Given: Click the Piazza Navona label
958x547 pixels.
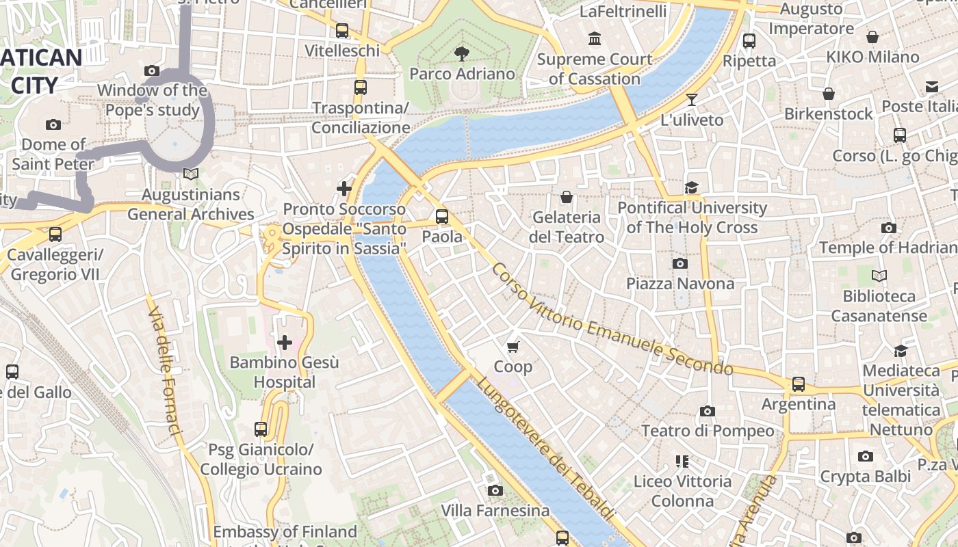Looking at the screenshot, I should click(x=680, y=283).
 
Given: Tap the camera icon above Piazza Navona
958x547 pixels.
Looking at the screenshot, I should click(x=680, y=263).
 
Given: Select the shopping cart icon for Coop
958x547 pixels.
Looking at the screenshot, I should click(x=513, y=347).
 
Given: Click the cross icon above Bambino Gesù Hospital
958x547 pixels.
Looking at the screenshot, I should click(x=285, y=342).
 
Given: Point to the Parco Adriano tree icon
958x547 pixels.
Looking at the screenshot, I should click(x=462, y=53).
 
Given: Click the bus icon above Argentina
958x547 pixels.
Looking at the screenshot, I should click(x=798, y=384).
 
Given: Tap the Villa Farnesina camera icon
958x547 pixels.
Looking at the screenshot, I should click(x=495, y=490).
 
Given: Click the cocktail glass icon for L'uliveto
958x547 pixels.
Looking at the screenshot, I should click(x=692, y=100).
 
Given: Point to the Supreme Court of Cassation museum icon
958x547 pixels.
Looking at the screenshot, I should click(x=595, y=39).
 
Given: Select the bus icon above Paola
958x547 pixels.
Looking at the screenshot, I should click(x=442, y=217).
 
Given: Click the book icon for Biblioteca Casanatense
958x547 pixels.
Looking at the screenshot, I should click(x=879, y=276).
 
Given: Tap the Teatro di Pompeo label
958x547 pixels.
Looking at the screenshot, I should click(x=708, y=431).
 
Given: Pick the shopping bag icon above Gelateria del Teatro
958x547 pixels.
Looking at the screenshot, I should click(x=567, y=197).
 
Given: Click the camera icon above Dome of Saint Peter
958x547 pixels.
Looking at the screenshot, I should click(x=53, y=124).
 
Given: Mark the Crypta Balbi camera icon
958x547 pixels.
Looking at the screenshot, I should click(x=866, y=456).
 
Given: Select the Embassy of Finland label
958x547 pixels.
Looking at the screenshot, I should click(x=285, y=531).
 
